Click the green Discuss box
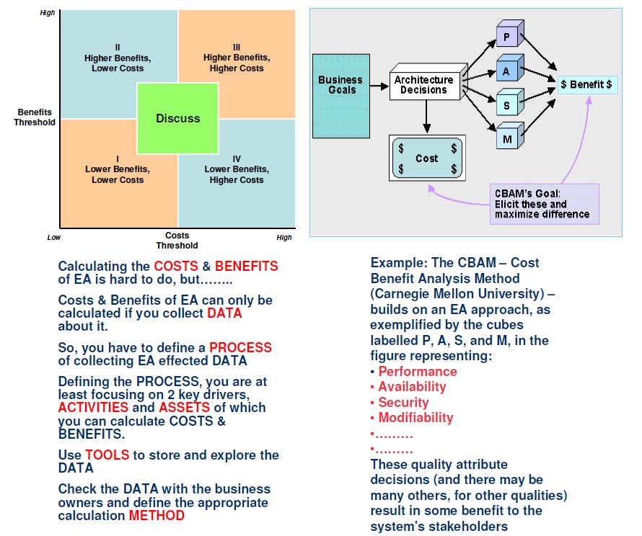(x=177, y=119)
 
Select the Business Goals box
(x=341, y=96)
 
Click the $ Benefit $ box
(x=586, y=84)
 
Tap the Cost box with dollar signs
(x=427, y=158)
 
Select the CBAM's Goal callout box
(x=544, y=204)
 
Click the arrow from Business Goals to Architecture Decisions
(x=379, y=86)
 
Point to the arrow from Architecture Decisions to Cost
(x=426, y=117)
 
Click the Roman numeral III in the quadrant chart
(x=237, y=48)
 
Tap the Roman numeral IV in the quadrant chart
(x=237, y=159)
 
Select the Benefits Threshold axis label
(x=35, y=117)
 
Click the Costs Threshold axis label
(x=177, y=241)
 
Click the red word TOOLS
(x=107, y=455)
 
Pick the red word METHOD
(x=157, y=516)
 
